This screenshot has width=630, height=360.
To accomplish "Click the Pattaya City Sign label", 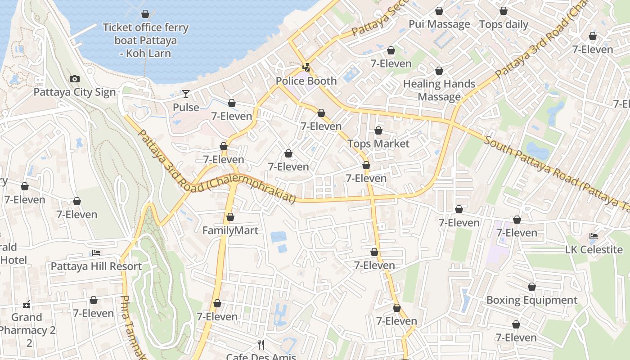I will [75, 92].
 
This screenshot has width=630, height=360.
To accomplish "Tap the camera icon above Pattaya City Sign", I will [75, 79].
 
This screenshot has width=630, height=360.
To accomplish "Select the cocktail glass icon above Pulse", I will [186, 94].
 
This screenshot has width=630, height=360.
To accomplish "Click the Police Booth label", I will [306, 81].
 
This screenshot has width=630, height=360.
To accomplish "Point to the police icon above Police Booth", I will [306, 68].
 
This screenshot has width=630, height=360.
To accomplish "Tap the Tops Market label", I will [378, 144].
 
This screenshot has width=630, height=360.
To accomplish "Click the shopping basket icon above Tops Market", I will [378, 130].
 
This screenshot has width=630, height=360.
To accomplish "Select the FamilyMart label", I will [230, 230].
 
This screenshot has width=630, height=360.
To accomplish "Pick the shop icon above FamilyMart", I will [230, 217].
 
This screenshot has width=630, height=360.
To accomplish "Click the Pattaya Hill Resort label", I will [96, 266].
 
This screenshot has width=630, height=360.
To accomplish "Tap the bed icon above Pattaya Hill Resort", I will [96, 253].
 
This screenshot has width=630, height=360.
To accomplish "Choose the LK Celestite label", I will [594, 249].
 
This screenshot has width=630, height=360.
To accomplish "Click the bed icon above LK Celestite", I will [594, 236].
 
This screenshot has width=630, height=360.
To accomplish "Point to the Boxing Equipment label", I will [532, 300].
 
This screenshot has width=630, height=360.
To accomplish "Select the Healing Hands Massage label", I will [439, 90].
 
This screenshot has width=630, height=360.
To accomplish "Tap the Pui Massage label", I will [439, 24].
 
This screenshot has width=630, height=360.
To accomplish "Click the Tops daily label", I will [504, 24].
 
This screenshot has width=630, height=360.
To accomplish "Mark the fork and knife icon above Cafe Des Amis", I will [261, 345].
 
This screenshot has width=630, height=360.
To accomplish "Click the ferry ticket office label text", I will [145, 40].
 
